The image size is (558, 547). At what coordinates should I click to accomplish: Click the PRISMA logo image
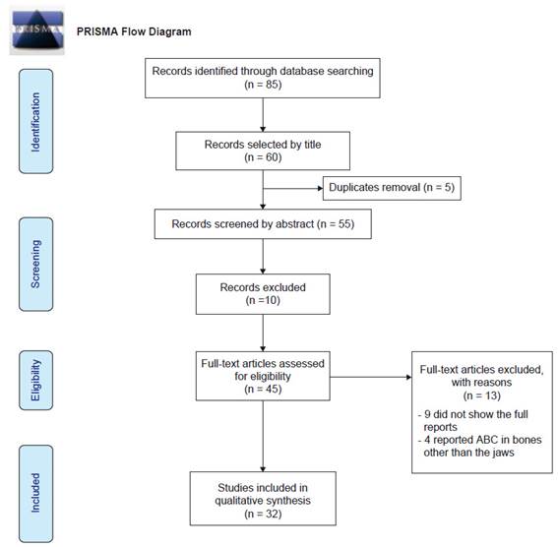tap(37, 30)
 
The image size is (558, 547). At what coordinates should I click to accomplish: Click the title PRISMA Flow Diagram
tap(134, 31)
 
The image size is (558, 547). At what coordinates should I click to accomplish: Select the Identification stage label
tap(36, 121)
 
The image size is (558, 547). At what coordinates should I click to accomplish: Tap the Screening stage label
tap(36, 265)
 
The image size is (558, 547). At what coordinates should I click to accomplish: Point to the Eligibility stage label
tap(36, 380)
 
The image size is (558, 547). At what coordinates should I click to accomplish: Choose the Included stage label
tap(36, 494)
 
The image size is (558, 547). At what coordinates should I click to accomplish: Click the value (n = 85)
tap(263, 85)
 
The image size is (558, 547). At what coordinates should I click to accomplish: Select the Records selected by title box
tap(263, 151)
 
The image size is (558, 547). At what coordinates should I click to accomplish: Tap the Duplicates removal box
tap(392, 188)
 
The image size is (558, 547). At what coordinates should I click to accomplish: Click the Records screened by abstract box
tap(263, 223)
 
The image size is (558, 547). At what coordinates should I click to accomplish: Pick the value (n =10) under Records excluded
tap(263, 300)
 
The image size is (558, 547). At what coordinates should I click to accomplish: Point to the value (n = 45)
tap(263, 389)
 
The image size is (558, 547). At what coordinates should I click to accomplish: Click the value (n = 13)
tap(482, 395)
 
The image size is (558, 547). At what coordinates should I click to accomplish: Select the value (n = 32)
tap(263, 514)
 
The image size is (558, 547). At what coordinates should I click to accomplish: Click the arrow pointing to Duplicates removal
tap(293, 188)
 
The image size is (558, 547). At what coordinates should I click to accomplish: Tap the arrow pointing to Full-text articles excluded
tap(371, 377)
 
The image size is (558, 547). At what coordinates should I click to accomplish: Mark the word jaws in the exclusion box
tap(503, 453)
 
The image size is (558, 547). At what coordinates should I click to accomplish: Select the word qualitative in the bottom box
tap(238, 501)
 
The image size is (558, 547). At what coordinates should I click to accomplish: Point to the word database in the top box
tap(302, 71)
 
